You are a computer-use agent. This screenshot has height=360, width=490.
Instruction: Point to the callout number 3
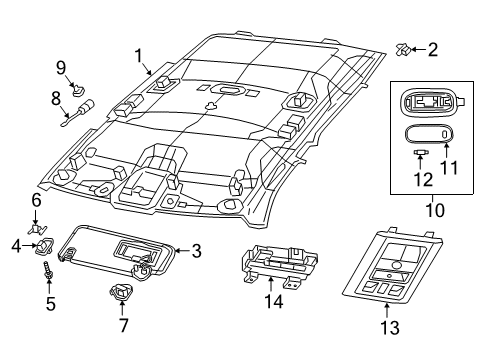(x=197, y=251)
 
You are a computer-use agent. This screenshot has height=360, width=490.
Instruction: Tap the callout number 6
(x=35, y=200)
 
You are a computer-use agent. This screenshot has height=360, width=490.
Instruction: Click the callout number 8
(x=57, y=98)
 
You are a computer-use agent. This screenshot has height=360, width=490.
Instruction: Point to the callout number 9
(x=60, y=68)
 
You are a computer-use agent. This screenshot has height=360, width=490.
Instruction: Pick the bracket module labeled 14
(x=270, y=273)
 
